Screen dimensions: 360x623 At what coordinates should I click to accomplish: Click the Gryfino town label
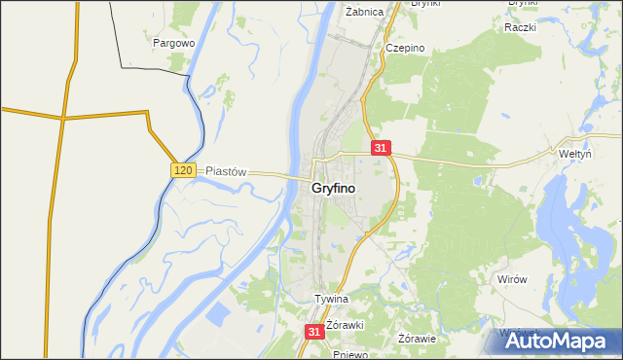333,188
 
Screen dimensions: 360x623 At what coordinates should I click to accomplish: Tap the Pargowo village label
175,43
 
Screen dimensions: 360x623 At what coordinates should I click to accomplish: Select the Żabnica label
365,12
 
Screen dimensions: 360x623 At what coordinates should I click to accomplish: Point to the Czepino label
403,48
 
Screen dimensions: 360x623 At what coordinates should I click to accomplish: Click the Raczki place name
521,27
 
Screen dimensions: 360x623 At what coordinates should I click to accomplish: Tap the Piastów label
226,170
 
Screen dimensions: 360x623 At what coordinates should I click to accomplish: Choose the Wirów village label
511,279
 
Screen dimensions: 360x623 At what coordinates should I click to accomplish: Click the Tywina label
331,299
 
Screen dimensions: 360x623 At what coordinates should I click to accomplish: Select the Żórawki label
345,324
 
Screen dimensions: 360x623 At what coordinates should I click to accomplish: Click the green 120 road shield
184,170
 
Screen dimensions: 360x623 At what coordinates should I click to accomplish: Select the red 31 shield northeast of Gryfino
381,148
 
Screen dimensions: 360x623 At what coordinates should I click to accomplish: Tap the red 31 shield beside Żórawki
313,332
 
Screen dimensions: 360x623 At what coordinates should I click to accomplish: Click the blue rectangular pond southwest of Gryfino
216,315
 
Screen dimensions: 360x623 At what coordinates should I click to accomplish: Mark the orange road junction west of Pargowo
64,118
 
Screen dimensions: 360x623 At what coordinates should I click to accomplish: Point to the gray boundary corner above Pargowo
122,67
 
